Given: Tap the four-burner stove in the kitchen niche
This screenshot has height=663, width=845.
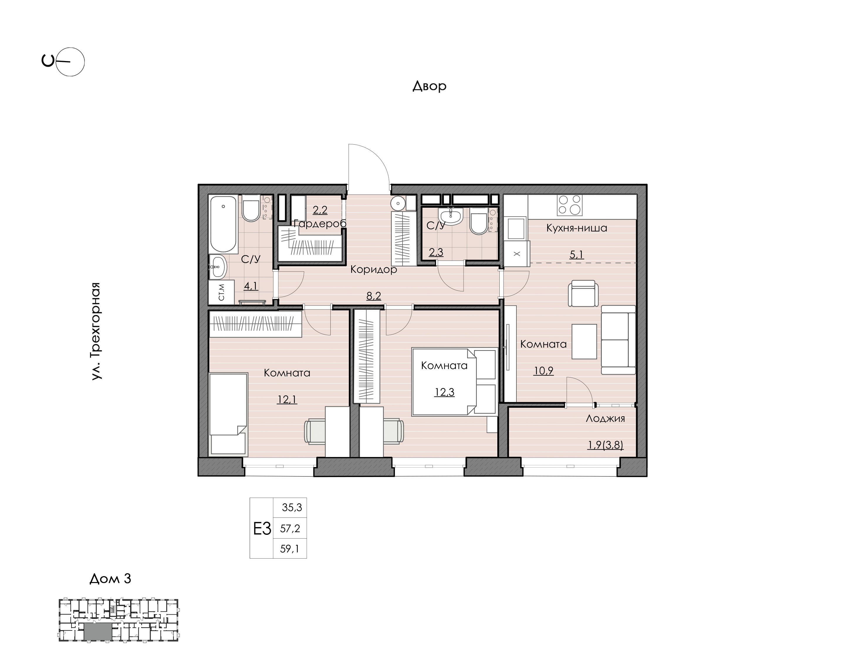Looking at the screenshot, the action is (569, 205).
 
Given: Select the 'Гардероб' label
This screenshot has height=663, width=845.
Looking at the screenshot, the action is (320, 224).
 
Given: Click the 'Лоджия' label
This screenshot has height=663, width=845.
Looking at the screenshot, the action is (605, 418).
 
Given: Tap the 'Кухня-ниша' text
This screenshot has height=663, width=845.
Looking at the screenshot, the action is (577, 228).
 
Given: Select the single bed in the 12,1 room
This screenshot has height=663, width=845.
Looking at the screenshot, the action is (228, 414).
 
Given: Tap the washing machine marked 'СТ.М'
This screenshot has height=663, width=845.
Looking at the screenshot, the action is (221, 292).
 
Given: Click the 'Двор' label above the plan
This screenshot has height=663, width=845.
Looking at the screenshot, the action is (429, 86).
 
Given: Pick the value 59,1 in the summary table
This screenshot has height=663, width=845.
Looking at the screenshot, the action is (290, 549).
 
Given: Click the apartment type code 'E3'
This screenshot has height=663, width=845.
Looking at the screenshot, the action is (262, 529).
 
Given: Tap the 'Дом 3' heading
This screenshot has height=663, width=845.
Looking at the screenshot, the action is (111, 579).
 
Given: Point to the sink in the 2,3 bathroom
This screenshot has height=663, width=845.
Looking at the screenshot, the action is (450, 216).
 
